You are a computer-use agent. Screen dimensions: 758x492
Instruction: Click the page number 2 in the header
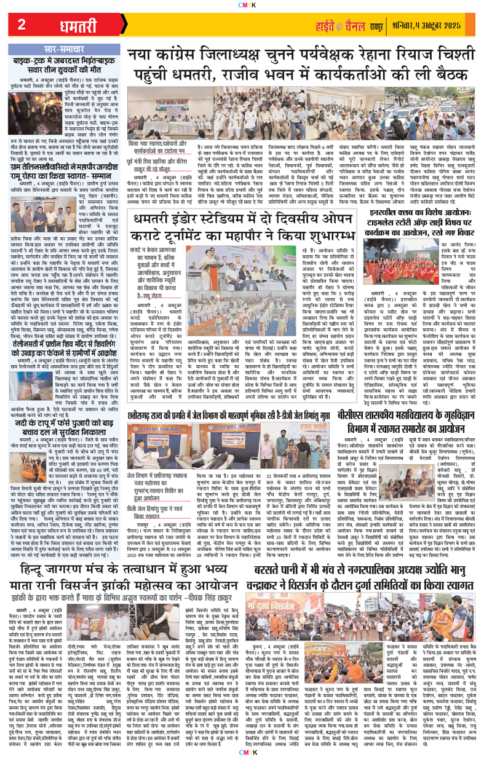[22, 25]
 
